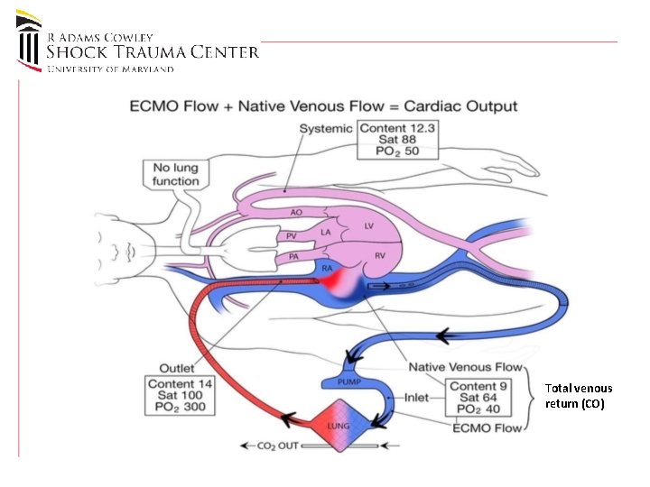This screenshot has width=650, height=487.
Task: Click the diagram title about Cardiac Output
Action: click(x=323, y=106)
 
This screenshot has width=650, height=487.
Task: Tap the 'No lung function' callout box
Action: click(x=176, y=174)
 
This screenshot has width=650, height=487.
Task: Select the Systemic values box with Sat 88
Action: click(x=397, y=141)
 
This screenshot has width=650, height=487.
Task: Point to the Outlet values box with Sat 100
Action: click(x=181, y=395)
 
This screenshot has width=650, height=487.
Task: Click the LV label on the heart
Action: click(x=368, y=226)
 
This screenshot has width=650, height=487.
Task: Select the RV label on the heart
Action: click(x=380, y=256)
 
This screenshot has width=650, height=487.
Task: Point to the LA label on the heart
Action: click(x=325, y=233)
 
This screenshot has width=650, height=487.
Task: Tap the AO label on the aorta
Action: click(x=296, y=213)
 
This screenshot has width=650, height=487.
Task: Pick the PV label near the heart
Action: click(x=291, y=235)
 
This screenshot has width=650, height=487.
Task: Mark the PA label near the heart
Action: click(x=293, y=257)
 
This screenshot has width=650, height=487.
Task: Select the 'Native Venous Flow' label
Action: click(x=465, y=367)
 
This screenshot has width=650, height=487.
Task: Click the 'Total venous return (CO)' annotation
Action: click(x=578, y=395)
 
